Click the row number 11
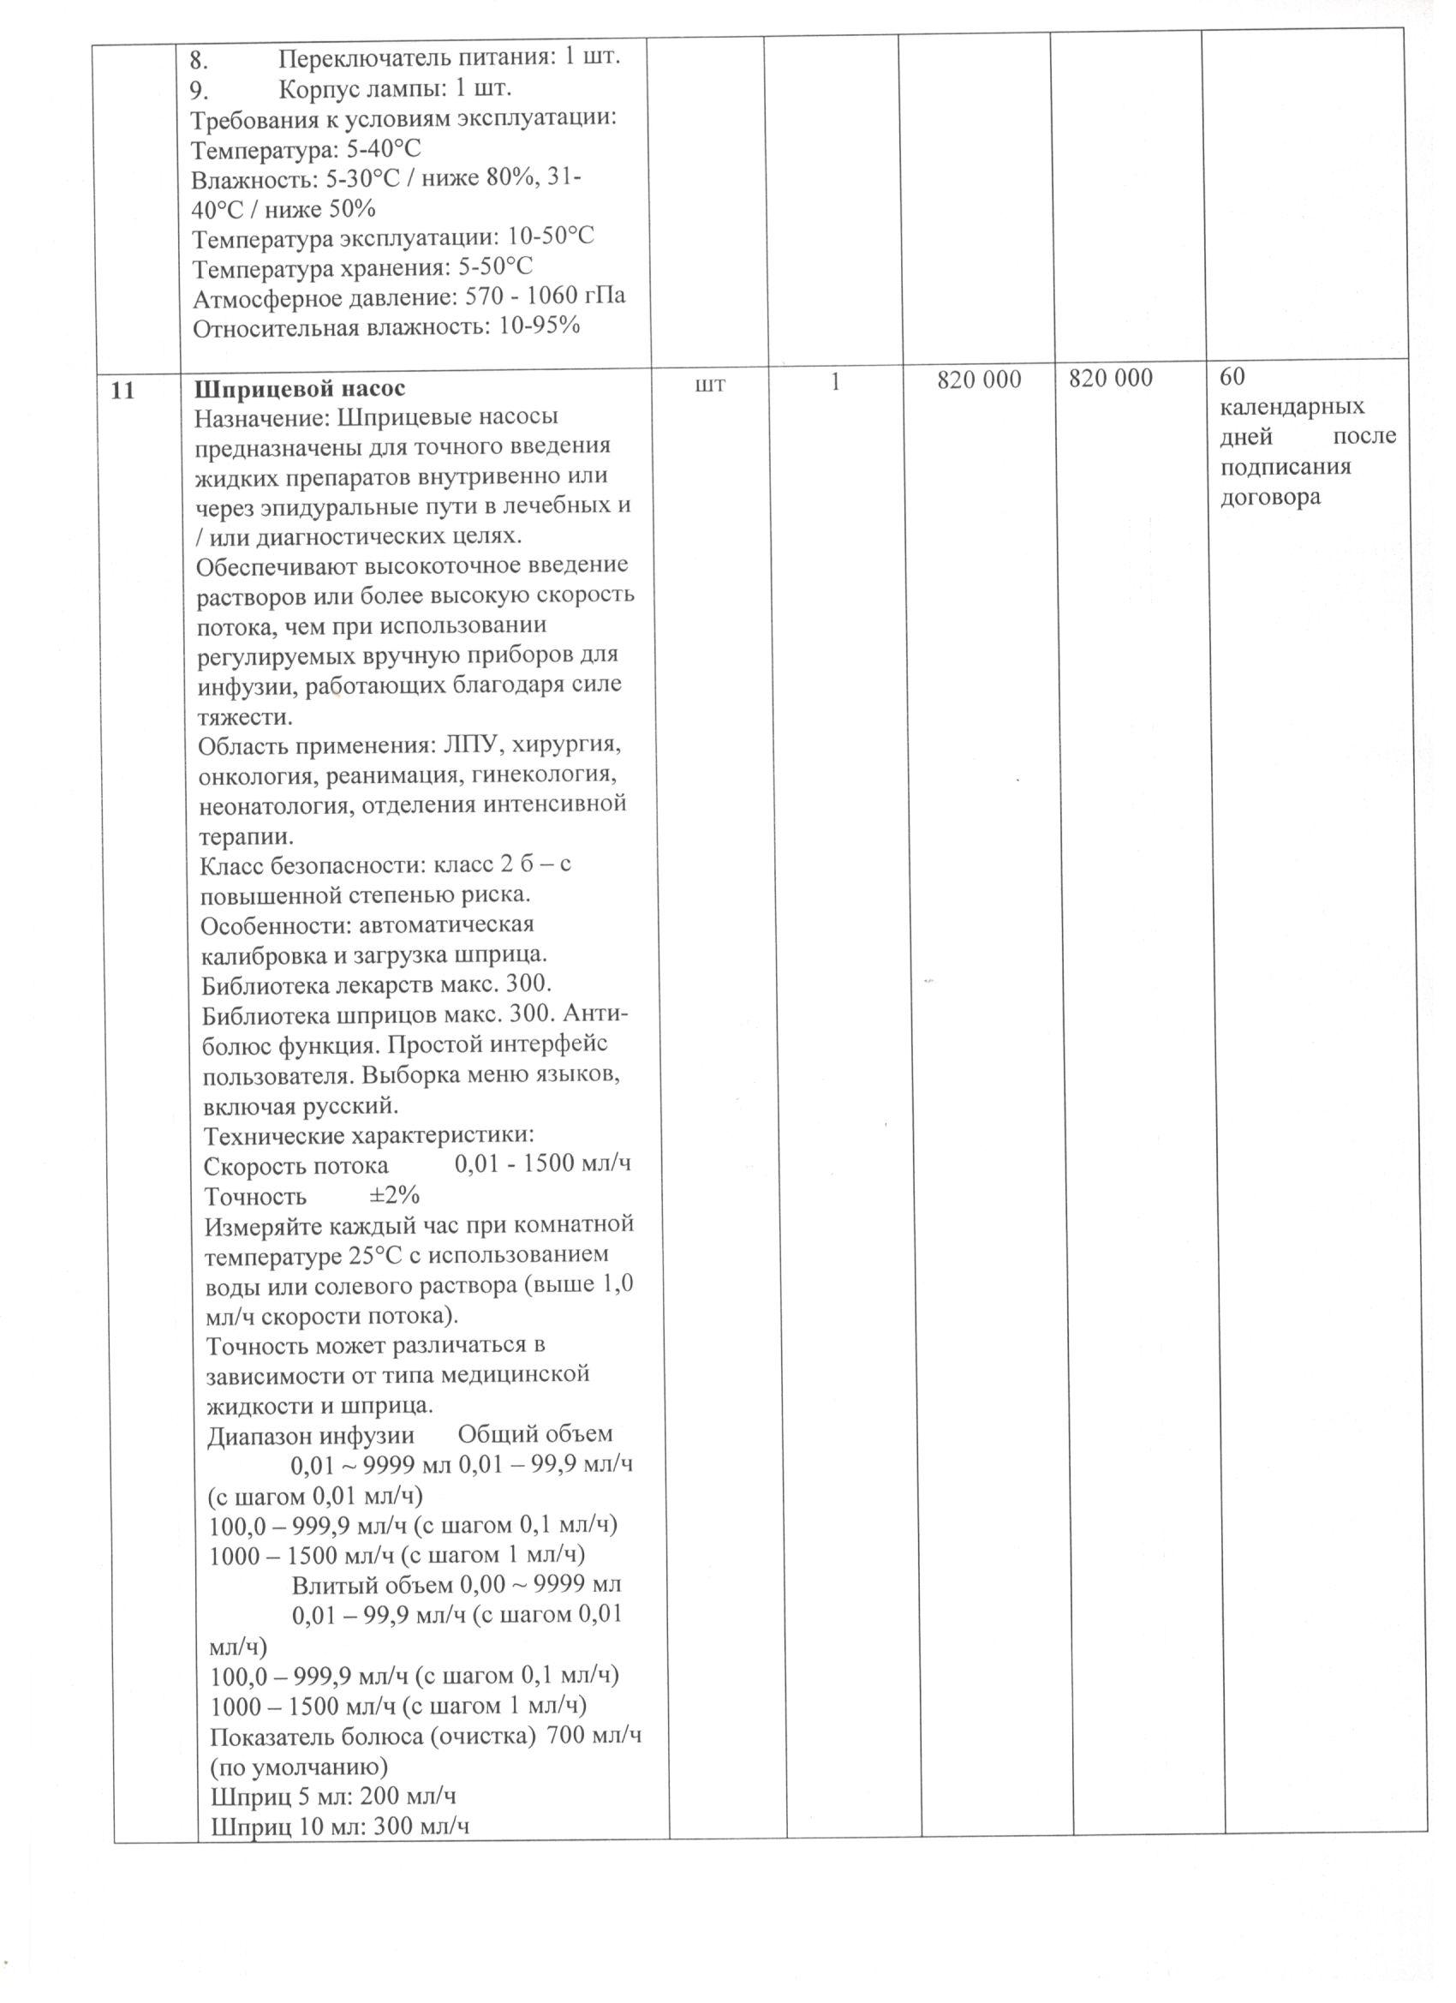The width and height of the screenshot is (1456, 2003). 124,390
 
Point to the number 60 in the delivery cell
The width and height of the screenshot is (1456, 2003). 1231,377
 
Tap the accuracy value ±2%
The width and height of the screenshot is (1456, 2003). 394,1197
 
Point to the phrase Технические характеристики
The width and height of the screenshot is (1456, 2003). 369,1136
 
